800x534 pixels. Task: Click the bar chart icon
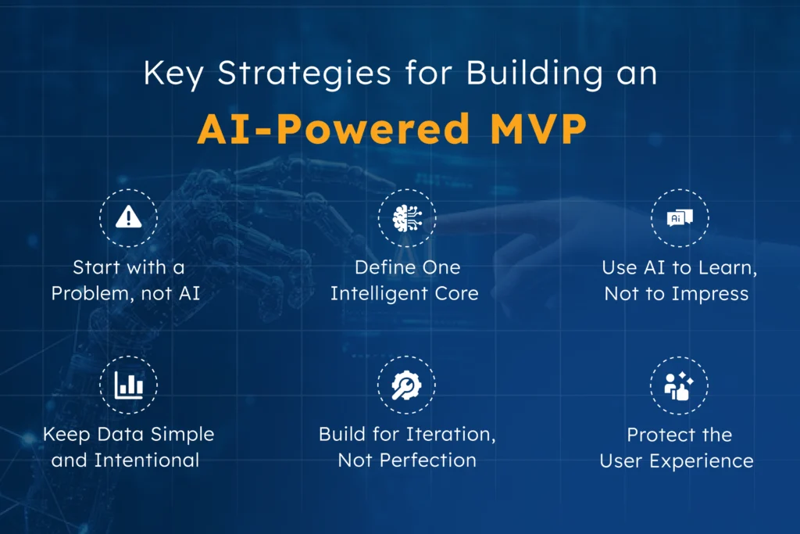(x=128, y=385)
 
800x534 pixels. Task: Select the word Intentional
(x=147, y=461)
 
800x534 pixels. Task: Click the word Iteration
(x=452, y=434)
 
